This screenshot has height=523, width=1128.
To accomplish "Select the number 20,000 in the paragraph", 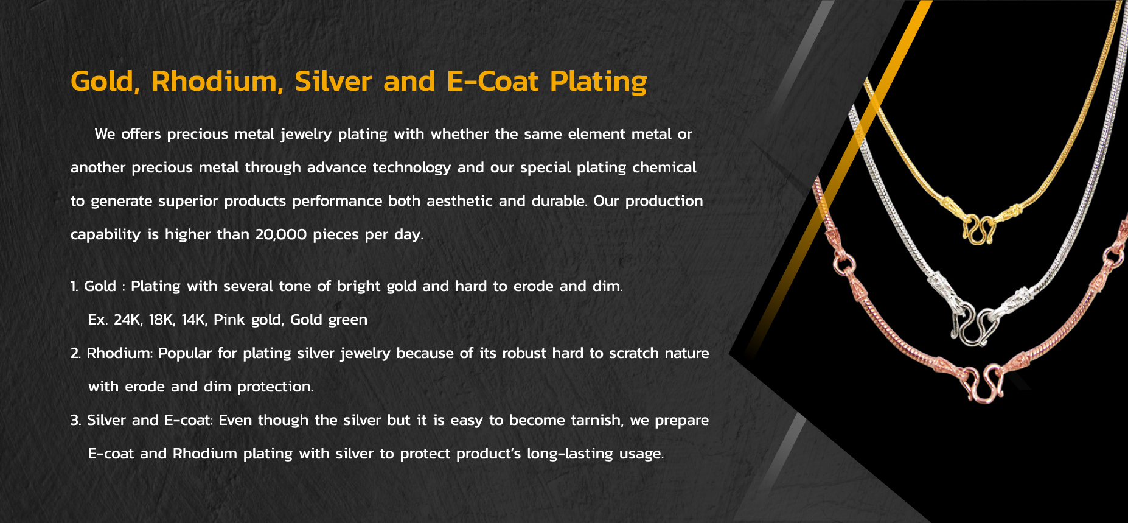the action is [x=281, y=234].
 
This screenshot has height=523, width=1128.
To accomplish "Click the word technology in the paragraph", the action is [x=412, y=167].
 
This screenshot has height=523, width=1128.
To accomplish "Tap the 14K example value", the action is [x=194, y=320].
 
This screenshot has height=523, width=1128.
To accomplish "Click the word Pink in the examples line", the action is [x=229, y=320].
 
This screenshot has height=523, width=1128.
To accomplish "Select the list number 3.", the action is [x=75, y=420].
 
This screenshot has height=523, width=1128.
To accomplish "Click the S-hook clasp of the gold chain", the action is [x=979, y=230].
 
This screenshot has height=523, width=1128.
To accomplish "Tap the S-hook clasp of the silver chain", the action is [x=973, y=325].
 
